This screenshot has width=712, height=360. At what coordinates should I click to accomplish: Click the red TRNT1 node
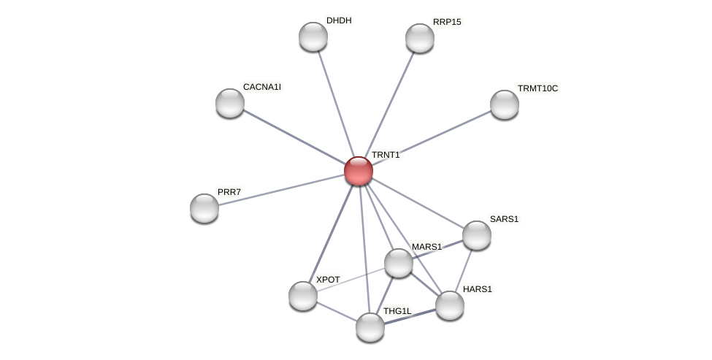pyautogui.click(x=358, y=171)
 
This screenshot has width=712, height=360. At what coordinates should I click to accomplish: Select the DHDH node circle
pyautogui.click(x=313, y=37)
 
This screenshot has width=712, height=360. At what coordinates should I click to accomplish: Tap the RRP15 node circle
pyautogui.click(x=420, y=38)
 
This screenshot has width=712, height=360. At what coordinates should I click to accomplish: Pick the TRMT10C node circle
pyautogui.click(x=505, y=104)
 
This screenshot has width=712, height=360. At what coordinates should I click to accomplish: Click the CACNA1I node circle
pyautogui.click(x=230, y=103)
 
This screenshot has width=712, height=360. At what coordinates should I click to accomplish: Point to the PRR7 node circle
pyautogui.click(x=204, y=208)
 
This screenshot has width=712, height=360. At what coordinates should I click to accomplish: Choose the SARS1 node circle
pyautogui.click(x=477, y=235)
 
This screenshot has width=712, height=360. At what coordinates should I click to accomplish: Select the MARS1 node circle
pyautogui.click(x=399, y=263)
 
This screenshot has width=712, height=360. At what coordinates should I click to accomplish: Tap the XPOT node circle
pyautogui.click(x=303, y=296)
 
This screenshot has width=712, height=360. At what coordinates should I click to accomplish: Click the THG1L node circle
pyautogui.click(x=370, y=327)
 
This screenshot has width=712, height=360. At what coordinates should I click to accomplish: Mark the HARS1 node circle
pyautogui.click(x=450, y=305)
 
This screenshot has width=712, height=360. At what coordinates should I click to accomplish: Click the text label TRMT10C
pyautogui.click(x=537, y=88)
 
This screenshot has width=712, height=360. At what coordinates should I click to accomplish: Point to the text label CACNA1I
pyautogui.click(x=261, y=87)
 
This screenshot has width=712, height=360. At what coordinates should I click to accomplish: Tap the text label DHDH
pyautogui.click(x=338, y=20)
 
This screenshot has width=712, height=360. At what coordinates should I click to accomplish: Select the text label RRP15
pyautogui.click(x=447, y=22)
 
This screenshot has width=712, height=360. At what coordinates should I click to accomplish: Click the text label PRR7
pyautogui.click(x=229, y=192)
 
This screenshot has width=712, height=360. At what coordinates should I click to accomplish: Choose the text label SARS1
pyautogui.click(x=504, y=219)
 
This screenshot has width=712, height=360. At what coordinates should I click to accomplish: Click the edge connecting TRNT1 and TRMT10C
pyautogui.click(x=431, y=137)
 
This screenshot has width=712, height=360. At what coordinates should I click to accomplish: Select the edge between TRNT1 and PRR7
pyautogui.click(x=281, y=190)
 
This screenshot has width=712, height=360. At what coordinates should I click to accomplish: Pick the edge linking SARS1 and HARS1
pyautogui.click(x=464, y=269)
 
